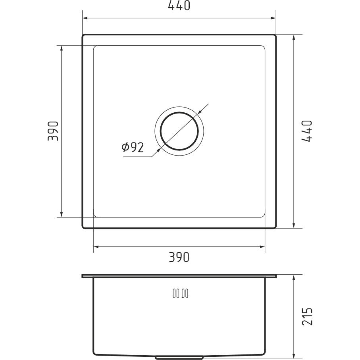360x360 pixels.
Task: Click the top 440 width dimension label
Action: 179,6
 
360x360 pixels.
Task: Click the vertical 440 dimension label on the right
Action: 307,131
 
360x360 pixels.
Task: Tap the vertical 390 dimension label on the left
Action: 53,131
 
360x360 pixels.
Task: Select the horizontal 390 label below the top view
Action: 179,257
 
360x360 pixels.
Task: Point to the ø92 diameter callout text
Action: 133,147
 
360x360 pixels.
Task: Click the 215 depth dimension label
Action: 307,316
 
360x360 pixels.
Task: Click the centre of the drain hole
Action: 179,131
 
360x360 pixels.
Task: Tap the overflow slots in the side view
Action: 181,293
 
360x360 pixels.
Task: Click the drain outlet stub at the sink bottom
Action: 179,358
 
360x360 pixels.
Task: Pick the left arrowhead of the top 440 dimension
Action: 85,18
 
